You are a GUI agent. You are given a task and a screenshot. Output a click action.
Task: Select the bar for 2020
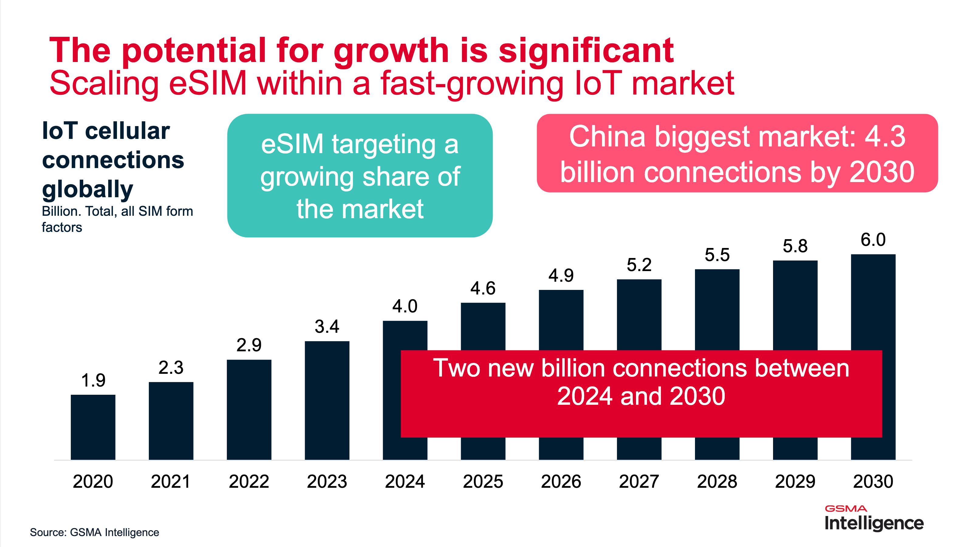point(93,427)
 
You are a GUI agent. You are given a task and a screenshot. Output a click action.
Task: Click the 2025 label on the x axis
point(483,482)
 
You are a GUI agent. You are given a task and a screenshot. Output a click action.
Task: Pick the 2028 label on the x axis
point(717,482)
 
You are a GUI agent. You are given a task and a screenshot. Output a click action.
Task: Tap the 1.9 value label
point(93,380)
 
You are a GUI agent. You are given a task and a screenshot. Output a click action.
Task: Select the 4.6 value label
point(483,288)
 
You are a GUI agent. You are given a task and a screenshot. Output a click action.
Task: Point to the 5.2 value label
point(639,265)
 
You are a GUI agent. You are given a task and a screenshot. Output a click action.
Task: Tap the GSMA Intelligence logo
point(874,518)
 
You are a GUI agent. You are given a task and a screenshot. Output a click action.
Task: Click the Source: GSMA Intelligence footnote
point(94,532)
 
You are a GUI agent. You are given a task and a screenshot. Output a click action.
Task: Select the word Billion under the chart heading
point(61,212)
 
